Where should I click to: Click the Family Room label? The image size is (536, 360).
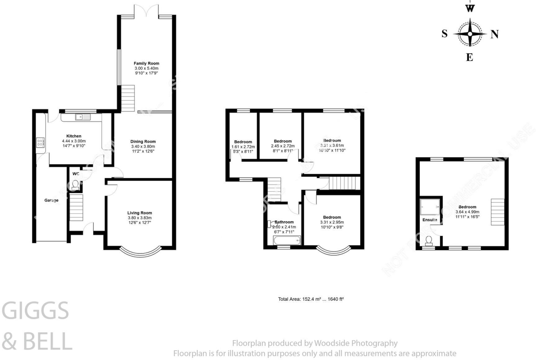146,63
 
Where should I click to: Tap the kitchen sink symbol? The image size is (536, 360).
82,117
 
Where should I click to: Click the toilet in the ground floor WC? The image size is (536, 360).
75,185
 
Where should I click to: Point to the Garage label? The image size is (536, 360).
51,200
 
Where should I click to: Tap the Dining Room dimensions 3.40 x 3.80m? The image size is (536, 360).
143,146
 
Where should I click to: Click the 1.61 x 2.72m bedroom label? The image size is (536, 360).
243,147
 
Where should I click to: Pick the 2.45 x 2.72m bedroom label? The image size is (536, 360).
283,146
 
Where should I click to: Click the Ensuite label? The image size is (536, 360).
430,220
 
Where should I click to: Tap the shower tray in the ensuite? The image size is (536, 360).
430,207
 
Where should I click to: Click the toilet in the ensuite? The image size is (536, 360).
430,241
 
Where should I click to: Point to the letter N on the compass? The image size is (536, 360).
494,34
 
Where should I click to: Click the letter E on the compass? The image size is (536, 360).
469,57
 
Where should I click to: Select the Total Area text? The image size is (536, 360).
311,299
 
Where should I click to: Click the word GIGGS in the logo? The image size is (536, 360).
35,311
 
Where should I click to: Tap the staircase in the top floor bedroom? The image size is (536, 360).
497,212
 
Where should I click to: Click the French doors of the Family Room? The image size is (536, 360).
146,11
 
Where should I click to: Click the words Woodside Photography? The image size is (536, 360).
355,343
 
